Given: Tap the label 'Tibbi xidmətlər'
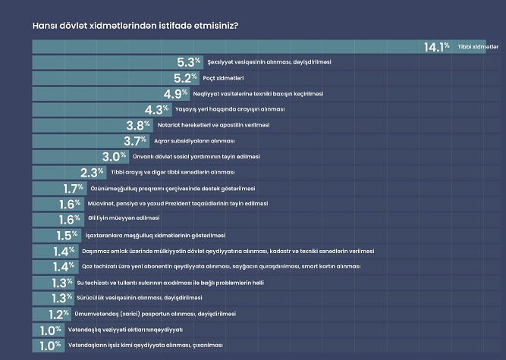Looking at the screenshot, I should click(x=478, y=48).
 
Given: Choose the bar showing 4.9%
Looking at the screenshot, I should click(x=91, y=94).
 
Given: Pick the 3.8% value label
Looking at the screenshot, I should click(x=139, y=126).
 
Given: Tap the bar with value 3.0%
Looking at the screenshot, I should click(x=61, y=157).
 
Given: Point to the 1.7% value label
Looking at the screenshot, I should click(x=72, y=189).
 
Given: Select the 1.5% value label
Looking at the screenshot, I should click(x=68, y=236).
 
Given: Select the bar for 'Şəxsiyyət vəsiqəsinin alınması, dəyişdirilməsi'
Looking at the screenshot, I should click(x=99, y=63).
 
